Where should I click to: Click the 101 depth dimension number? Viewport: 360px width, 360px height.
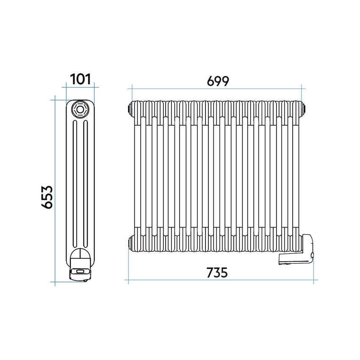tap(80, 79)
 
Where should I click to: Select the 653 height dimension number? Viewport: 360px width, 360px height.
tap(47, 197)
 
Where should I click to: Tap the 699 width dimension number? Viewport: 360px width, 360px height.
tap(218, 81)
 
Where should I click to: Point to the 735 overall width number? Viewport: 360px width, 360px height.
tap(217, 272)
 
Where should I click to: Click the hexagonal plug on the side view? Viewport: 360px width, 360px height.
tap(80, 109)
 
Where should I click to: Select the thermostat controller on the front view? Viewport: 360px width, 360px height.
tap(296, 249)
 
